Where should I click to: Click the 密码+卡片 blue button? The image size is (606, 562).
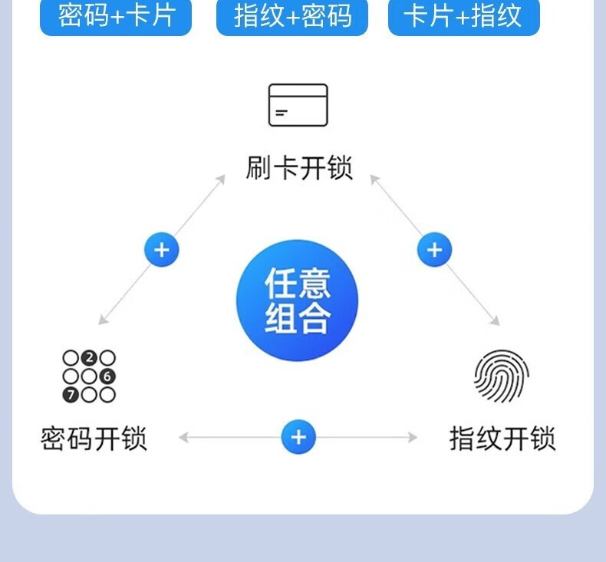(x=116, y=16)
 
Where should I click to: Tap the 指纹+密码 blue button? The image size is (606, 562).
(x=292, y=16)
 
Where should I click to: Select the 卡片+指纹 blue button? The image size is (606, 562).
(x=463, y=16)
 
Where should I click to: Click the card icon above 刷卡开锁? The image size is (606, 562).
(x=298, y=105)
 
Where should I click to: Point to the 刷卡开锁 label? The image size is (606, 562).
(x=298, y=168)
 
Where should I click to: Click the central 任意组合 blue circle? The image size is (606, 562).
(x=298, y=300)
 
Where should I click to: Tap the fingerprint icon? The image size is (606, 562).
(x=501, y=376)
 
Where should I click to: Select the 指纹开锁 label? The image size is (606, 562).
(x=502, y=439)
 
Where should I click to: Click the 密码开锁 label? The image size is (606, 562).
(x=94, y=439)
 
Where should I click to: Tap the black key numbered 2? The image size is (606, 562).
(x=89, y=358)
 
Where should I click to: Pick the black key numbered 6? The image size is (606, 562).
(x=107, y=376)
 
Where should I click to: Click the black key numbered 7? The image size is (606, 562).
(x=71, y=396)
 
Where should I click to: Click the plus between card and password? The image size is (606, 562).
(x=162, y=250)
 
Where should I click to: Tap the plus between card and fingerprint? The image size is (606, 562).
(x=435, y=250)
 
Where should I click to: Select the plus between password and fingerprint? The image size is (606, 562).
(x=298, y=438)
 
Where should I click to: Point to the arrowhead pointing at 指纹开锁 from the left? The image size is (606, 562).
(x=413, y=438)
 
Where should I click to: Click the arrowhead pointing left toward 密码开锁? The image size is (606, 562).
(x=183, y=438)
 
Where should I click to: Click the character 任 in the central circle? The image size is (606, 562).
(x=280, y=284)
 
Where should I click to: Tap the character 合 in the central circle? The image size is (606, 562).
(x=315, y=317)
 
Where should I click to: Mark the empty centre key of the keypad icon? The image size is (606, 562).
(x=89, y=376)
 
